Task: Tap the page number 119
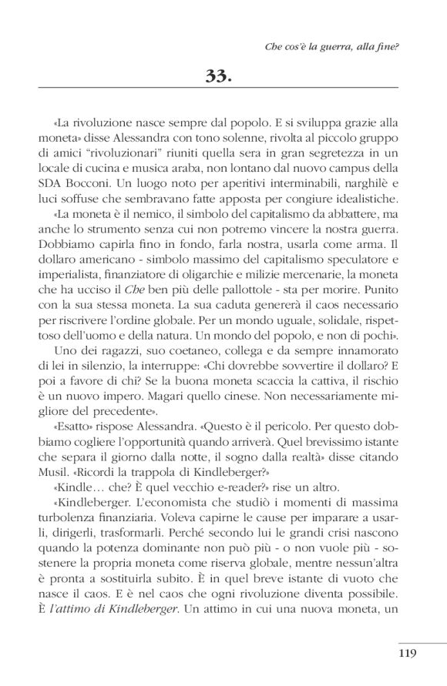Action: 408,655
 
